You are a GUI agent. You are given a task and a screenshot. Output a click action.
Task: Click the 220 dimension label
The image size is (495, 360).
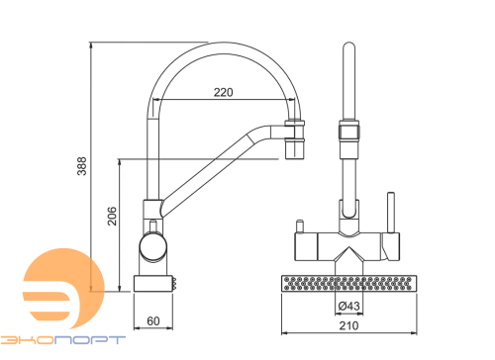click(223, 92)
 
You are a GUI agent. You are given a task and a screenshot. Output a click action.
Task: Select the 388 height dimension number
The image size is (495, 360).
click(82, 166)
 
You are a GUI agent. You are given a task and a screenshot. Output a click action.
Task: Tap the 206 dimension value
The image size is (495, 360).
click(112, 216)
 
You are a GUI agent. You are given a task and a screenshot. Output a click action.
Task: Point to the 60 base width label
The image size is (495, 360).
click(153, 320)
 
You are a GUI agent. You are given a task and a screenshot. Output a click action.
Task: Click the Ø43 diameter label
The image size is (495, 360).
click(348, 306)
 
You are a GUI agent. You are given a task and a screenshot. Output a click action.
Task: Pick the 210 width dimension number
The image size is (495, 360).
click(348, 325)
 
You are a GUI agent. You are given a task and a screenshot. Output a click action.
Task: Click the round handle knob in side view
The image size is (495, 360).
click(153, 247)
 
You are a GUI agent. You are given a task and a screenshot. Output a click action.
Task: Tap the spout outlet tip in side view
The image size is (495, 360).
click(295, 149)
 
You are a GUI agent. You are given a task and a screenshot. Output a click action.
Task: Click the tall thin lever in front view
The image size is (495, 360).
click(391, 213)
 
